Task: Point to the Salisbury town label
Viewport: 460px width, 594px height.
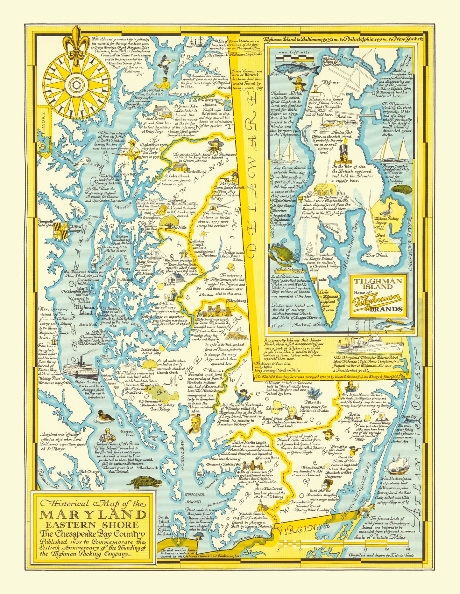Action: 274,408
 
